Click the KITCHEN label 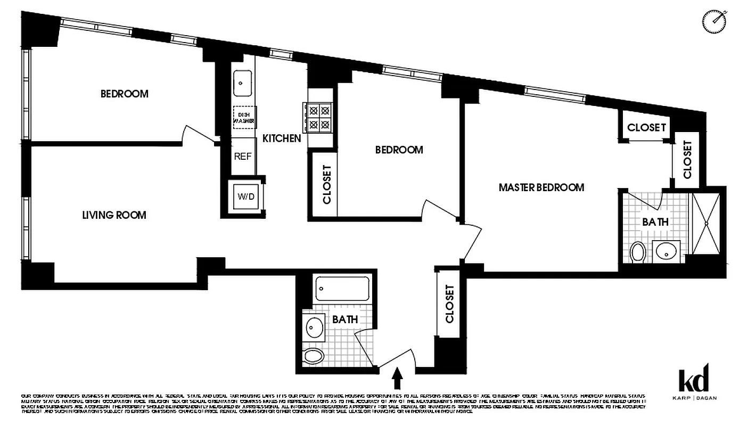click(x=282, y=138)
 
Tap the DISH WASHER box click(x=243, y=117)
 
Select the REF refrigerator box click(x=243, y=157)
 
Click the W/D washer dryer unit click(x=246, y=196)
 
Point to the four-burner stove click(x=318, y=118)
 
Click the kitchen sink click(x=243, y=83)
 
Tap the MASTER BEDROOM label click(x=541, y=187)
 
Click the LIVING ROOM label click(x=114, y=215)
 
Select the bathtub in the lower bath click(x=342, y=289)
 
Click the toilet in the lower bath click(x=315, y=356)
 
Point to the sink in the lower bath click(x=315, y=326)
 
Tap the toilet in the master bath click(x=637, y=252)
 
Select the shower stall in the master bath click(x=705, y=223)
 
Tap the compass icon click(x=713, y=21)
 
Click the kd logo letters click(x=694, y=380)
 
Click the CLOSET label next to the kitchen click(x=327, y=184)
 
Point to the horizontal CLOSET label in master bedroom click(x=646, y=128)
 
